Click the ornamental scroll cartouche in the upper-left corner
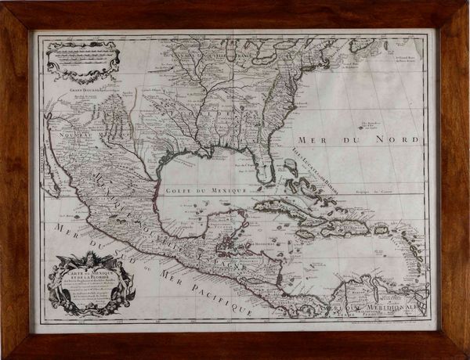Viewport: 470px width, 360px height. (x=82, y=59)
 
